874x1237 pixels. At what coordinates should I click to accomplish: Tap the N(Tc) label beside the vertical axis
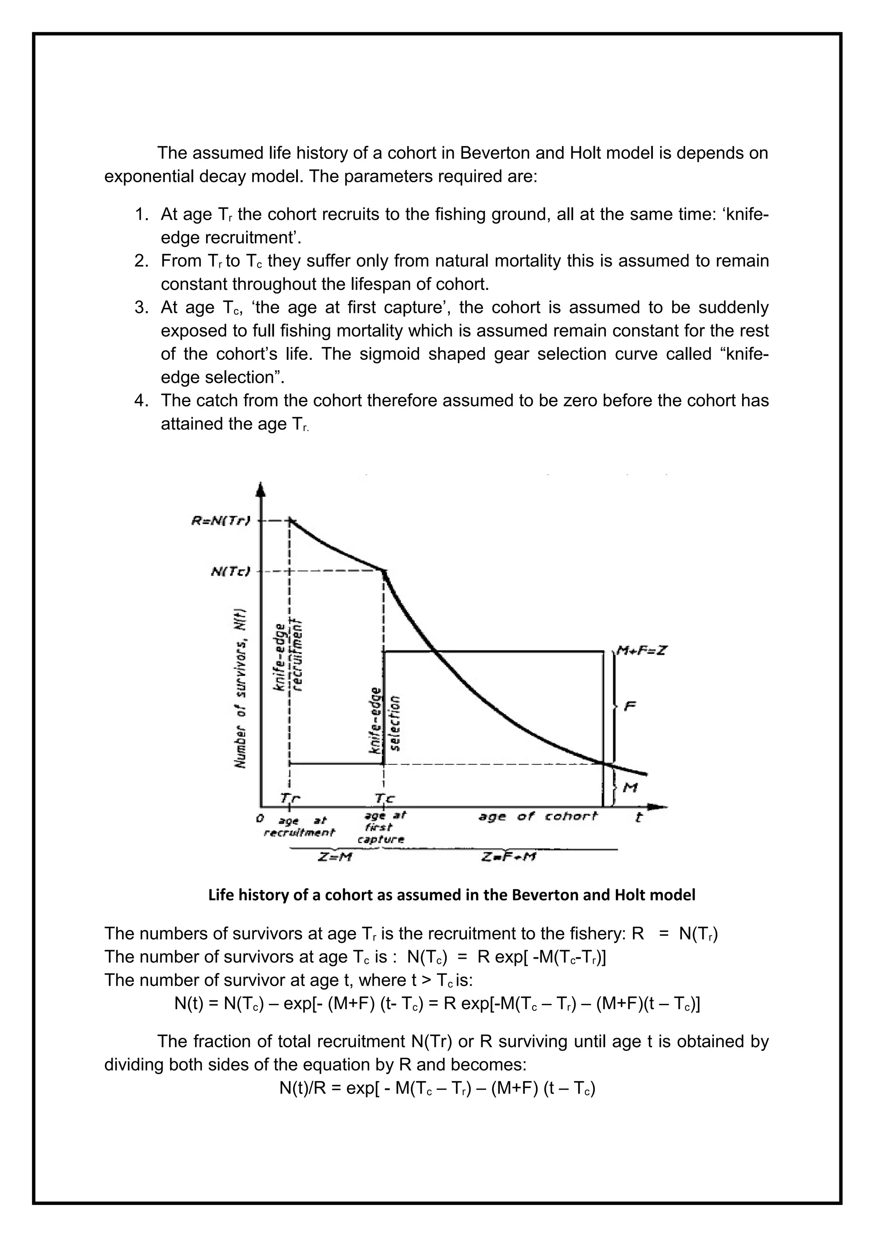(230, 571)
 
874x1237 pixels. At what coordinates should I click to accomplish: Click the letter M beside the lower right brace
(629, 788)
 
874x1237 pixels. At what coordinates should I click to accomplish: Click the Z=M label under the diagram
(335, 857)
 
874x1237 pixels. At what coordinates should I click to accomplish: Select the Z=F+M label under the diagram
(508, 857)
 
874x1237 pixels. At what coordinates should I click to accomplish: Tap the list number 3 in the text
(141, 308)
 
